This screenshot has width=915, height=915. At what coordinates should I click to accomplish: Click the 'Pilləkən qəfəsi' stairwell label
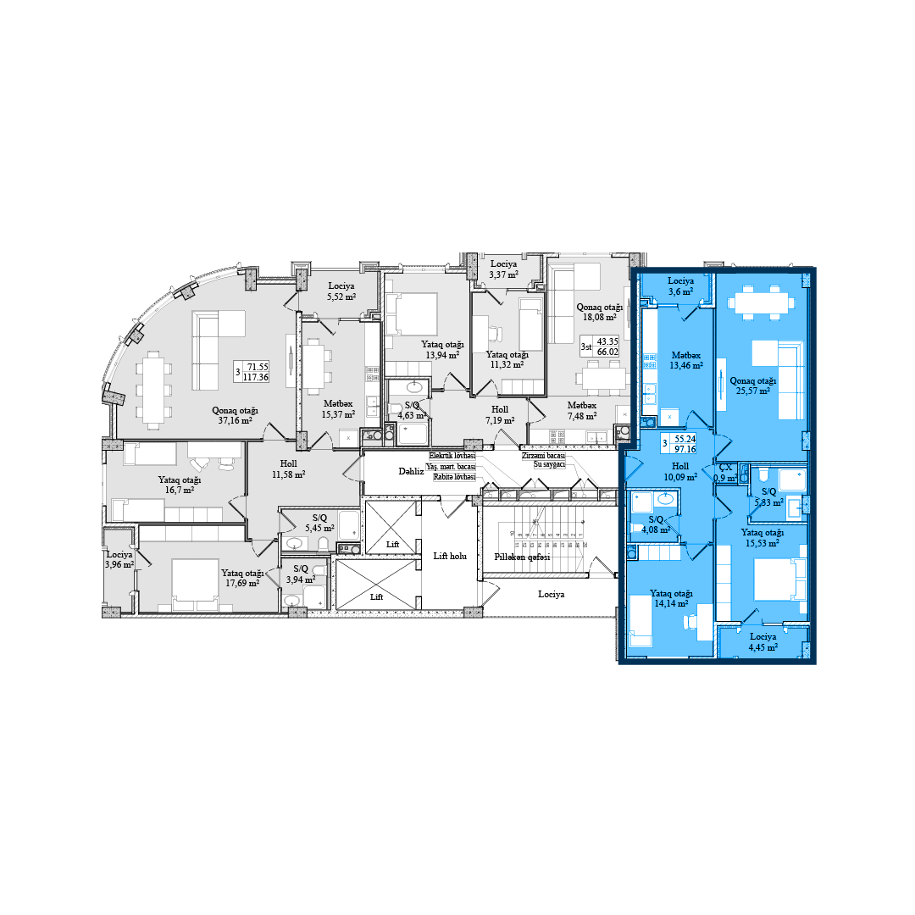pyautogui.click(x=523, y=557)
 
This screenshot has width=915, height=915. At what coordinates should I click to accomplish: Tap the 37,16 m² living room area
pyautogui.click(x=235, y=415)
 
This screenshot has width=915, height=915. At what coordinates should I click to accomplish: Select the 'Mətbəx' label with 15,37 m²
pyautogui.click(x=337, y=408)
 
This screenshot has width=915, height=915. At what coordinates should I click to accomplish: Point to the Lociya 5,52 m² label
pyautogui.click(x=341, y=292)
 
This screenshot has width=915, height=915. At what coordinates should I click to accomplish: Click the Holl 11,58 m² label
pyautogui.click(x=287, y=469)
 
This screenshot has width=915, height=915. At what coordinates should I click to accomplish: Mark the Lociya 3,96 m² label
pyautogui.click(x=119, y=559)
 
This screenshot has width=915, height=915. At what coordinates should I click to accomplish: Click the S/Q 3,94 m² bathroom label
pyautogui.click(x=301, y=574)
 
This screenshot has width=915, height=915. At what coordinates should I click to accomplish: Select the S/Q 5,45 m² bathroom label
pyautogui.click(x=319, y=522)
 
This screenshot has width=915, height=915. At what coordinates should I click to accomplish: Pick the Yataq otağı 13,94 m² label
pyautogui.click(x=443, y=350)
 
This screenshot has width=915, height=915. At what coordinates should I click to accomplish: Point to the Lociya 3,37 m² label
pyautogui.click(x=503, y=269)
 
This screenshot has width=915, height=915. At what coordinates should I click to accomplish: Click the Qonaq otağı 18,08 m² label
pyautogui.click(x=600, y=312)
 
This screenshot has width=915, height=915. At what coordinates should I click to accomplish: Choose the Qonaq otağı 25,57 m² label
pyautogui.click(x=753, y=385)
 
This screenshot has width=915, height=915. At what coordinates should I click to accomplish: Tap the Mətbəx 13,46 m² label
pyautogui.click(x=686, y=361)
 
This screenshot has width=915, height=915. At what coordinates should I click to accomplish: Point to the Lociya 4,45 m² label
pyautogui.click(x=762, y=641)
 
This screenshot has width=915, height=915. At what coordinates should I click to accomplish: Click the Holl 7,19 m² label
pyautogui.click(x=500, y=414)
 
